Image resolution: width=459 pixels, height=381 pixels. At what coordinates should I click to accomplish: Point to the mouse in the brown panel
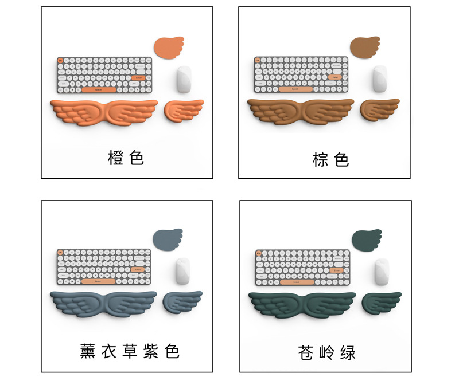[x=379, y=79]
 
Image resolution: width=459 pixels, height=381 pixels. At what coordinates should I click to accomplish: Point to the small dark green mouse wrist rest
[x=381, y=301]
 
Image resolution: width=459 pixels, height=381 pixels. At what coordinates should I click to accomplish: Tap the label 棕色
[x=330, y=159]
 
